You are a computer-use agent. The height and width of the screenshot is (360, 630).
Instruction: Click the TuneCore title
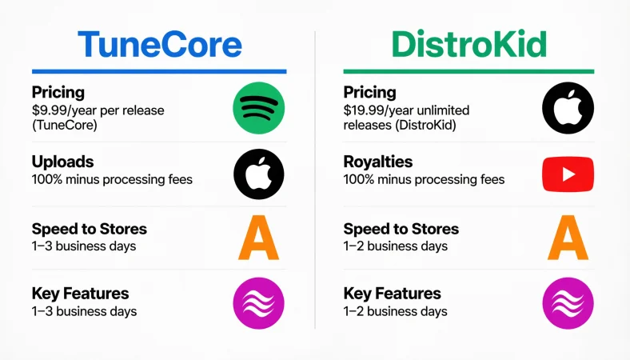pos(159,45)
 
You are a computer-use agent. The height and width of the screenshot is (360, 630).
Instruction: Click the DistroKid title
pos(469,45)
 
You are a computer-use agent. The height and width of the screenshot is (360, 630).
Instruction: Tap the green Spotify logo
pos(259,109)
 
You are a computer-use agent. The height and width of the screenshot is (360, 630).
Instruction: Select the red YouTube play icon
pos(568,173)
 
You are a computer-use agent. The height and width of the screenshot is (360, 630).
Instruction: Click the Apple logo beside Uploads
pos(259,173)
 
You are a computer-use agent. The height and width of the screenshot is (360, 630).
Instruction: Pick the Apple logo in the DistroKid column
pos(568,109)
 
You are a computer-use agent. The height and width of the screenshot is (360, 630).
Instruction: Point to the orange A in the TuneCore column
pos(259,238)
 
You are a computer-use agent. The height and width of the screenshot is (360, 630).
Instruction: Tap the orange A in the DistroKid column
pos(568,238)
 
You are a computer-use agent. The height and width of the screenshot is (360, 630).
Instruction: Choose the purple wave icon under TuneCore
pos(259,302)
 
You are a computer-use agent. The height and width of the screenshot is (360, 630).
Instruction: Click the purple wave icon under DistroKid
pos(568,302)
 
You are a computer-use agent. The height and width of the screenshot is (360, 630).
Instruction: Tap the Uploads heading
pos(63,162)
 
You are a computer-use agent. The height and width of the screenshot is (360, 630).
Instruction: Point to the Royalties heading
pos(378,162)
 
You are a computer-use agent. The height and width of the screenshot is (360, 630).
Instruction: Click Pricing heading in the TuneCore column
pos(58,92)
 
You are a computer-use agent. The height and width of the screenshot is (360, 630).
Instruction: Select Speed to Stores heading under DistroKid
pos(401,229)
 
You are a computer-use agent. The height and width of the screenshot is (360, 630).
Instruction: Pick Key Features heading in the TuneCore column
pos(80,294)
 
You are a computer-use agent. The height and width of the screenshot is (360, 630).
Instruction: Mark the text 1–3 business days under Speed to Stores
pos(84,246)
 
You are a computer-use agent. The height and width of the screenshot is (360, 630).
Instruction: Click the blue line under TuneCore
pos(159,71)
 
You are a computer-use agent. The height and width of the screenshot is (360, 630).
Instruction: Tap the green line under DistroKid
pos(469,71)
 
